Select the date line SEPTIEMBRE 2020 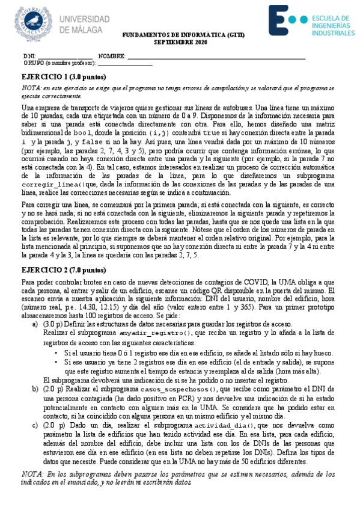point(179,43)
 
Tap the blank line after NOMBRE point(216,57)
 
